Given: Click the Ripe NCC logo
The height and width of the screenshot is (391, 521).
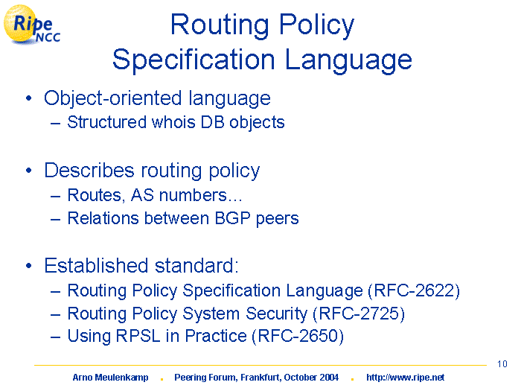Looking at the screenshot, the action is pos(32,25).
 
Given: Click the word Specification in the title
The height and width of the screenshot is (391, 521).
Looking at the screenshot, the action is pos(194,60).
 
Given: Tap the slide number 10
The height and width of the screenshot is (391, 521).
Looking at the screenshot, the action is pos(502,364).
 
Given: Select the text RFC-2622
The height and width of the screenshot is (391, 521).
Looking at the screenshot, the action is pos(414,290).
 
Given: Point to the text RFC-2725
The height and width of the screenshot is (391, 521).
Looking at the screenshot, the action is pos(359,314).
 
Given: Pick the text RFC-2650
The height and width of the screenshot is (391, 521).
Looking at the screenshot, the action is pos(298,336).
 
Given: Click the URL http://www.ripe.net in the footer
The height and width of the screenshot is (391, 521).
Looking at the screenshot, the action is pos(405,378).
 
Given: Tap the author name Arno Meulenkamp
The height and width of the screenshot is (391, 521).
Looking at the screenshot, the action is pos(110,378).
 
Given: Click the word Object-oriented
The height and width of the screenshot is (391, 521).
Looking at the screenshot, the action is pos(113,98).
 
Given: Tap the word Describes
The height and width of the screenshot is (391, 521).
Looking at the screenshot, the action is pos(89,171).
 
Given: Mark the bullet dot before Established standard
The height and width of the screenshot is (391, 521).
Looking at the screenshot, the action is pos(29,266).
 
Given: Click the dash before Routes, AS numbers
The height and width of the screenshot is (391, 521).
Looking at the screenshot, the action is pos(56,196).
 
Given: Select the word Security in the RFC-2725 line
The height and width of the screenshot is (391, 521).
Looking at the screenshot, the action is pos(276,314).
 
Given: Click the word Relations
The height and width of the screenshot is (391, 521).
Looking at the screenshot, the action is pos(103,218).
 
